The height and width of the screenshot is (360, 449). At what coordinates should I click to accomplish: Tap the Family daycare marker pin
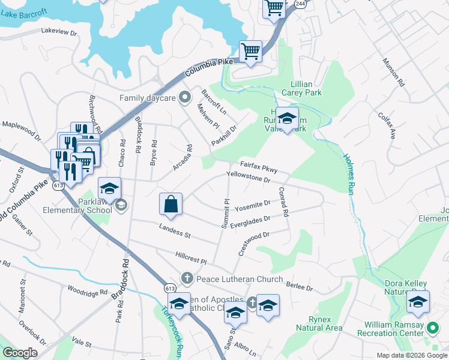click(185, 97)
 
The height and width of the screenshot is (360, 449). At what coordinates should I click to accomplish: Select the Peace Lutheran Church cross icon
click(187, 279)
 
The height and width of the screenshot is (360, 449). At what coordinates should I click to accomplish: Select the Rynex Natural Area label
click(319, 323)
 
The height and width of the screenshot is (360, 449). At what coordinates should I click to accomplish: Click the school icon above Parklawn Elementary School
click(109, 188)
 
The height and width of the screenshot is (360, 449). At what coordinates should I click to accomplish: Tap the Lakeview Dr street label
click(59, 32)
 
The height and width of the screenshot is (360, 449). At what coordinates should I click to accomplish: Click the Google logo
click(20, 353)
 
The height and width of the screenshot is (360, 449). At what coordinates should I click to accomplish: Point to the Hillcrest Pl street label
click(191, 258)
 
